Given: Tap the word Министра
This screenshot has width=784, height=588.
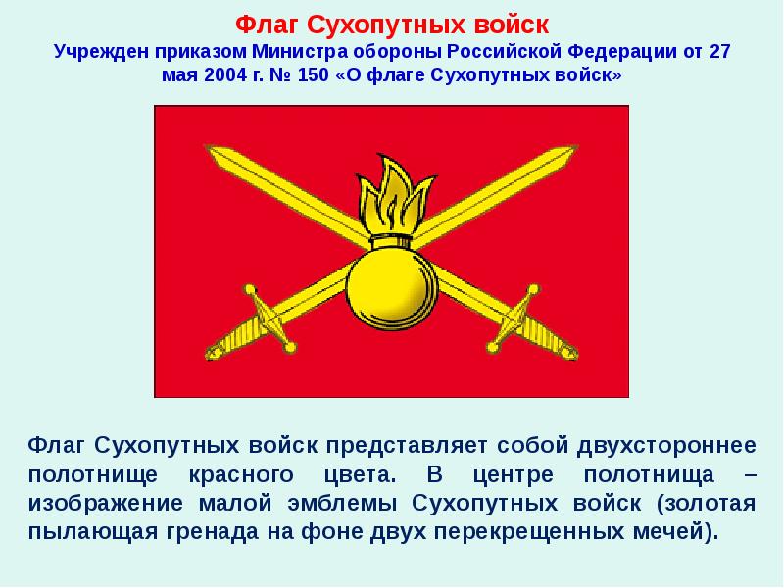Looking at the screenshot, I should (x=300, y=51).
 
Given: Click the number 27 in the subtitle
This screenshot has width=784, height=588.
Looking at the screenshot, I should (x=718, y=51).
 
